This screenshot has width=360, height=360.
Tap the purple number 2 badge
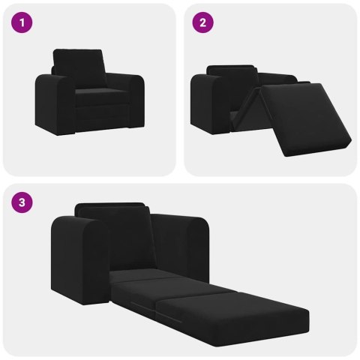click(202, 23)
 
